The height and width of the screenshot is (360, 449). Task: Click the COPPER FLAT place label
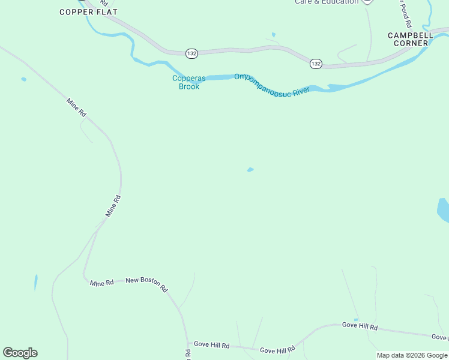(88, 12)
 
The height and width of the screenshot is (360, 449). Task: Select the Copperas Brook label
(185, 82)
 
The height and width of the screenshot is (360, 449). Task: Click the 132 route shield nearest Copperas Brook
(191, 53)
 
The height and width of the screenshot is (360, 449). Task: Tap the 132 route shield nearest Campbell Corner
(316, 63)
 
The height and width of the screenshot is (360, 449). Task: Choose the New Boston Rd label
(146, 283)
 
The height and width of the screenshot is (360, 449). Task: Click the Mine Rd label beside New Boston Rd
(101, 283)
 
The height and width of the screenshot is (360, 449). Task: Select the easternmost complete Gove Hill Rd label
(360, 326)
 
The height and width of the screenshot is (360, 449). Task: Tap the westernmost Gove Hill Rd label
(209, 346)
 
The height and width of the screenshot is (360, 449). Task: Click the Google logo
(20, 353)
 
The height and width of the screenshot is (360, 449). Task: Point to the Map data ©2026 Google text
(412, 356)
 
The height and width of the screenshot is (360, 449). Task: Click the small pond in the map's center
(250, 170)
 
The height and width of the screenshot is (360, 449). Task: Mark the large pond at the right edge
(444, 210)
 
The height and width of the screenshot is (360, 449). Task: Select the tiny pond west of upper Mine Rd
(23, 79)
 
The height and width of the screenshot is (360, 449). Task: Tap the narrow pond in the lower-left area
(35, 281)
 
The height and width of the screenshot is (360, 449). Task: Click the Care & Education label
(327, 2)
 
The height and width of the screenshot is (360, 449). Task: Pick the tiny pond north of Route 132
(273, 35)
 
